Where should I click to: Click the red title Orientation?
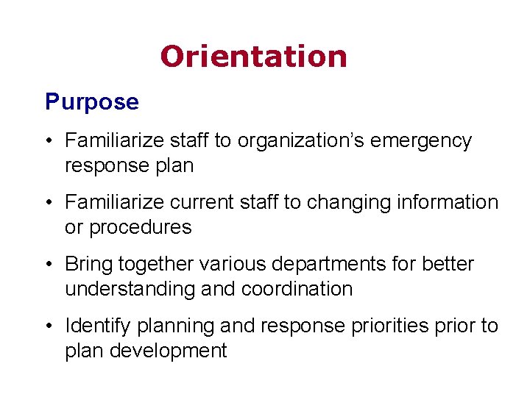click(253, 57)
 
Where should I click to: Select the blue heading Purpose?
click(91, 101)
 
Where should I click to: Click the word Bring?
click(89, 264)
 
